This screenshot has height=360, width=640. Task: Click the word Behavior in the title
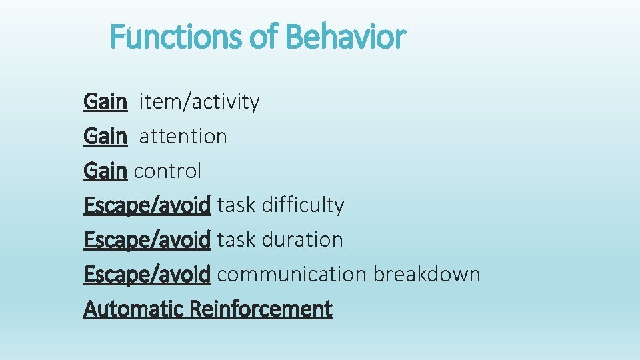pos(345,37)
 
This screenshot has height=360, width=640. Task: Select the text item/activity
pos(199,102)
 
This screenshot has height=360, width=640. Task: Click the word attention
pos(183,137)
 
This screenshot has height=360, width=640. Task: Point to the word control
pos(167,171)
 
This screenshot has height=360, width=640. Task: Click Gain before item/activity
pos(105,102)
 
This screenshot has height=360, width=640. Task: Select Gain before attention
pos(105,137)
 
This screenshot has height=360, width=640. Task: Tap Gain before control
pos(105,171)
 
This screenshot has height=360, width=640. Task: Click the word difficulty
pos(303,205)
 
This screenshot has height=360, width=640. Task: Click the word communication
pos(291,275)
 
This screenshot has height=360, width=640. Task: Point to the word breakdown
pos(427,275)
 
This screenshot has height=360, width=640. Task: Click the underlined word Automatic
pos(134,309)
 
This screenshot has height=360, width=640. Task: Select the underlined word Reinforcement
pos(261,309)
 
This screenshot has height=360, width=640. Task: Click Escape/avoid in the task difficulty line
pos(147,205)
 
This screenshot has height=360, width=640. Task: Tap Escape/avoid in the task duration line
pos(147,240)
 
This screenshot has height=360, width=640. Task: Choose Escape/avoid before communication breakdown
pos(147,275)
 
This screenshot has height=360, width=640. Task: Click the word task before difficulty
pos(237,205)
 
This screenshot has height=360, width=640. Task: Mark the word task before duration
pos(237,240)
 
